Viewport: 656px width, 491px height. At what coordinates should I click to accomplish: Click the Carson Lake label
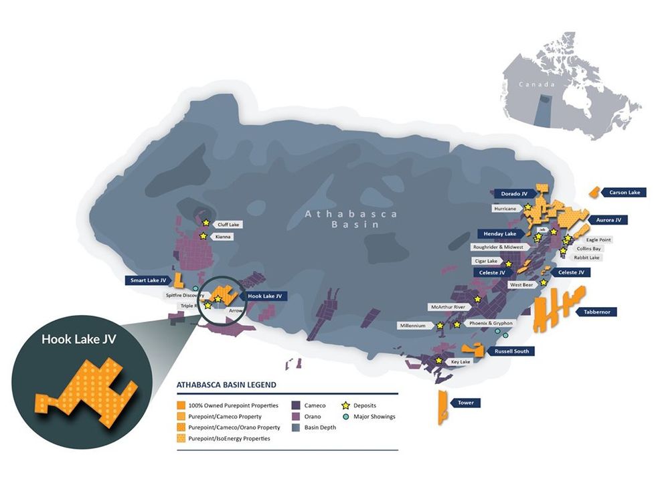pos(624,193)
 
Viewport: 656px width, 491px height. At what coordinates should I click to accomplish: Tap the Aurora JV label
pos(608,219)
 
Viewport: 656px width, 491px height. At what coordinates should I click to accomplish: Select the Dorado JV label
pos(514,194)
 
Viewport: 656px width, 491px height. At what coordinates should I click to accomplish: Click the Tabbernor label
pos(599,312)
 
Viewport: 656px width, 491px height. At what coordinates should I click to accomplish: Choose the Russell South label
pos(511,351)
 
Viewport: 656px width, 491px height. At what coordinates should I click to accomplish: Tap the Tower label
pos(466,403)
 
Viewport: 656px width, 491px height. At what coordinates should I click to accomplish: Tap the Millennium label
pos(413,326)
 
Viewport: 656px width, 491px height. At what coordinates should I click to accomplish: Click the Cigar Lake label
pos(485,261)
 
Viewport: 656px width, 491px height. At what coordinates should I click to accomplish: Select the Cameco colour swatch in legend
pos(295,405)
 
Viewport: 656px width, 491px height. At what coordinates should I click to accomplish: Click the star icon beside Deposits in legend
pos(346,405)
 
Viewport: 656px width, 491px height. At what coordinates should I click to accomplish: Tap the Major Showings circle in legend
pos(346,417)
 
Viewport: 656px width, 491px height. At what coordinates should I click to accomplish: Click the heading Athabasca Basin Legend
pos(226,385)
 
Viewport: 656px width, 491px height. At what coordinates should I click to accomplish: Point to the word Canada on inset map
pos(538,85)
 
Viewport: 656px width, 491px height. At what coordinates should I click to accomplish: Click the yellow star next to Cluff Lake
pos(206,223)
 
